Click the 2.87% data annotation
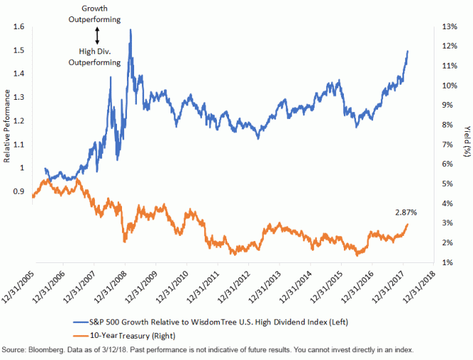(405, 212)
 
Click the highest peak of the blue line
(130, 30)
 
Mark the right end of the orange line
(408, 224)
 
